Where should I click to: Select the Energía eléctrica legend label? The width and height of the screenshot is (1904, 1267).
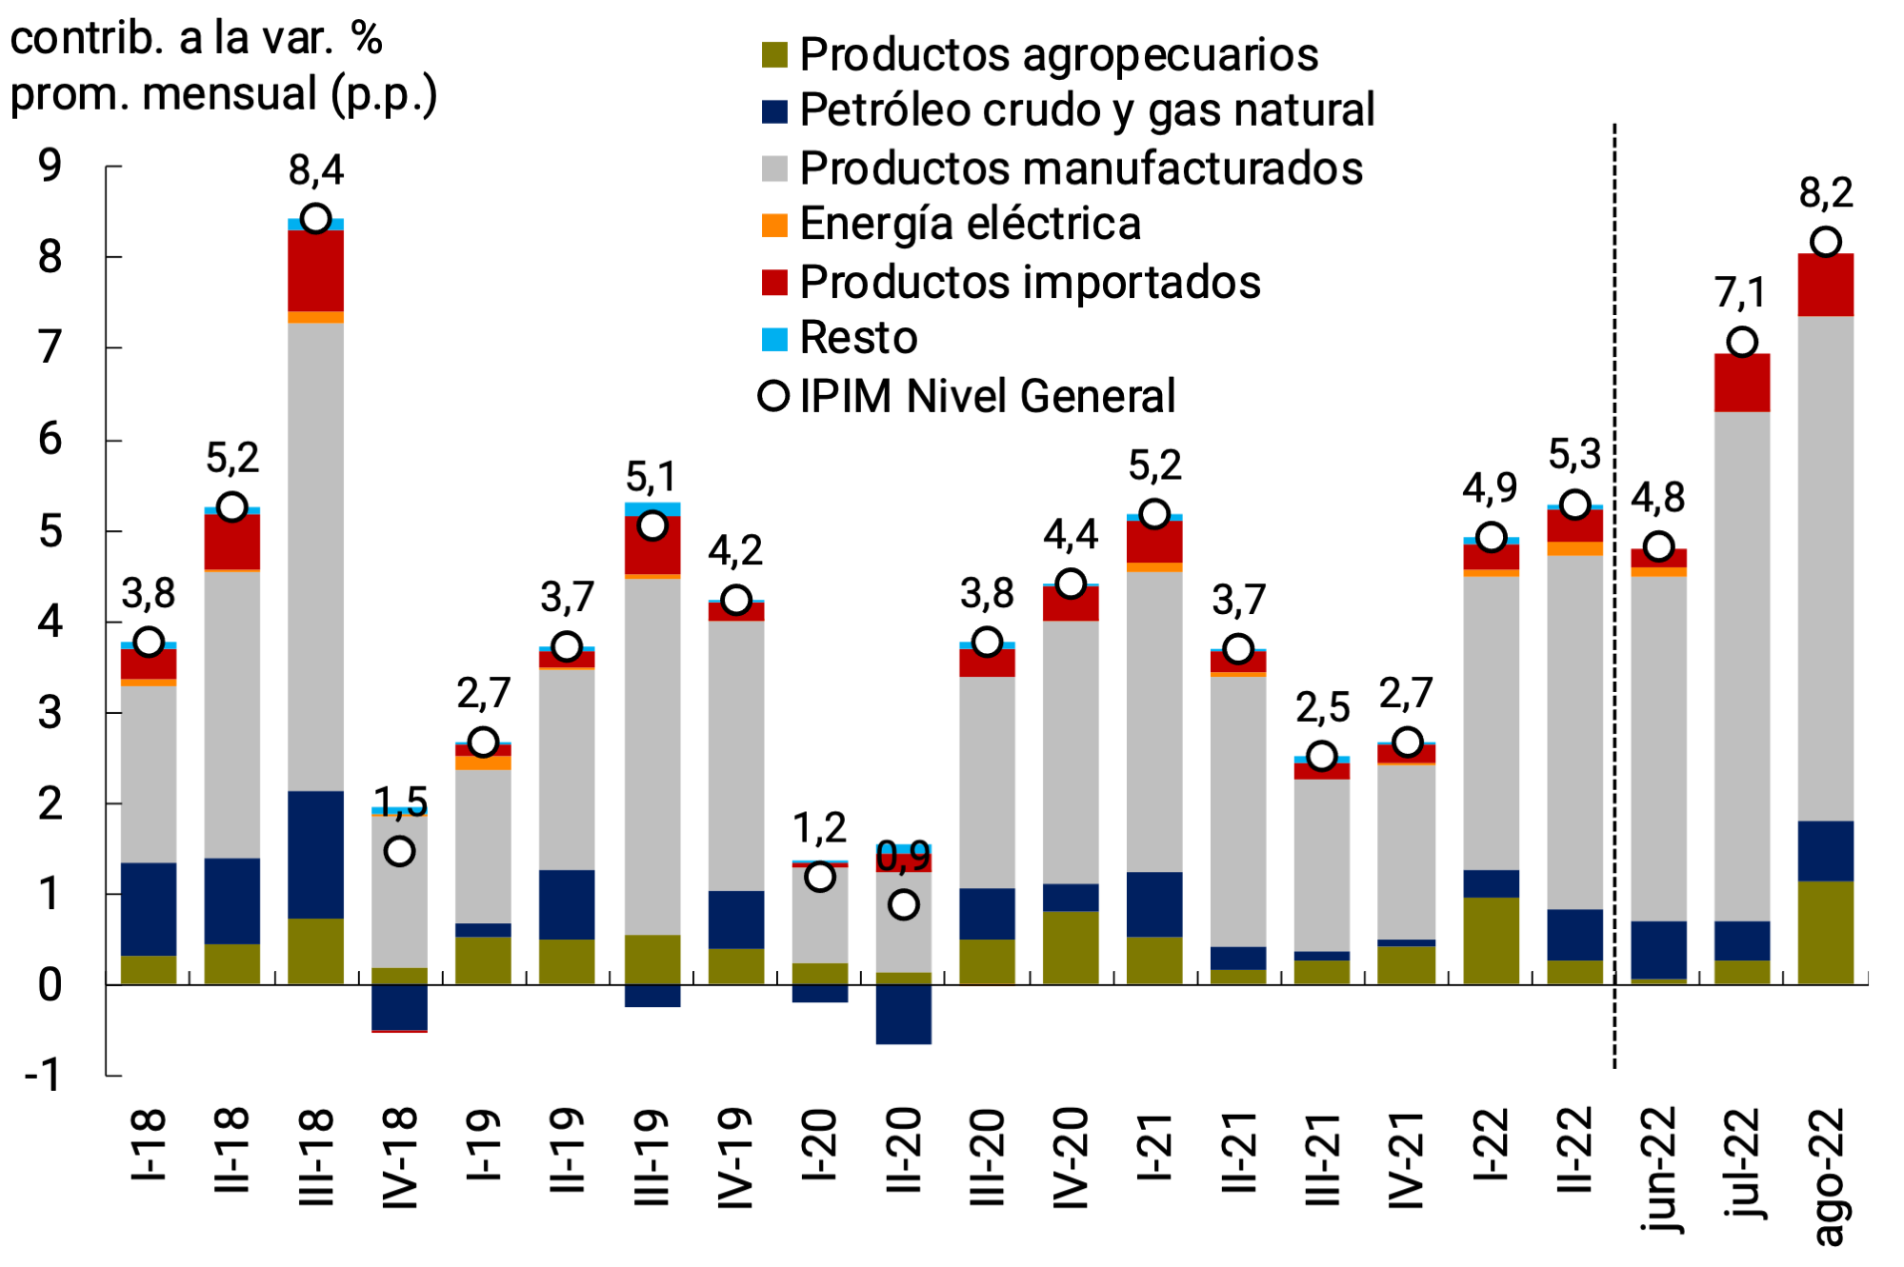click(970, 225)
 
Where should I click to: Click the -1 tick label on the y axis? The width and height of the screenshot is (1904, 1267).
click(44, 1076)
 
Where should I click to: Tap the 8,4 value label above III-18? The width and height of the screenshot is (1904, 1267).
click(316, 170)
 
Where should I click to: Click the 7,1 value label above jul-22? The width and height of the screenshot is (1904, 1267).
click(1740, 292)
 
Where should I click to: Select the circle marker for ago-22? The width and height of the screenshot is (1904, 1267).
click(1826, 242)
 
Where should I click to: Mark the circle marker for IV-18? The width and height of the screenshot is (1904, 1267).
click(399, 851)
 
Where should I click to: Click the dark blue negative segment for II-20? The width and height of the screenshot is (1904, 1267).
click(904, 1015)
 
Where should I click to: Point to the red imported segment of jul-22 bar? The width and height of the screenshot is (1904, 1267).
click(1742, 383)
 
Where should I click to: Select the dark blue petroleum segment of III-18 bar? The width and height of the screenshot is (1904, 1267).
click(316, 854)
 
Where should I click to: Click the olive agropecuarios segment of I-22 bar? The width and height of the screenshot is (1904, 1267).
click(1491, 940)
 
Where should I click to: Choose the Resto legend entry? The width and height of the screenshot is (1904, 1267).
click(857, 338)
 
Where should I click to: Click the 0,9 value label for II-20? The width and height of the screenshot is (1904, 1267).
click(903, 857)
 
